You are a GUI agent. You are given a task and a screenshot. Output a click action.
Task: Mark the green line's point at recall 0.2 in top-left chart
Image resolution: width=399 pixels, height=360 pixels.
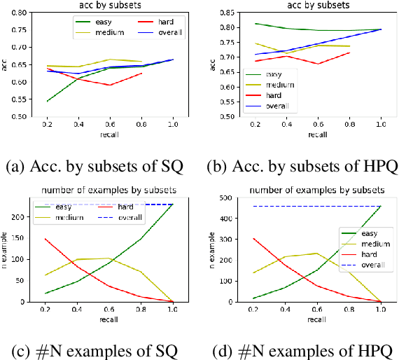[48, 102]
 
